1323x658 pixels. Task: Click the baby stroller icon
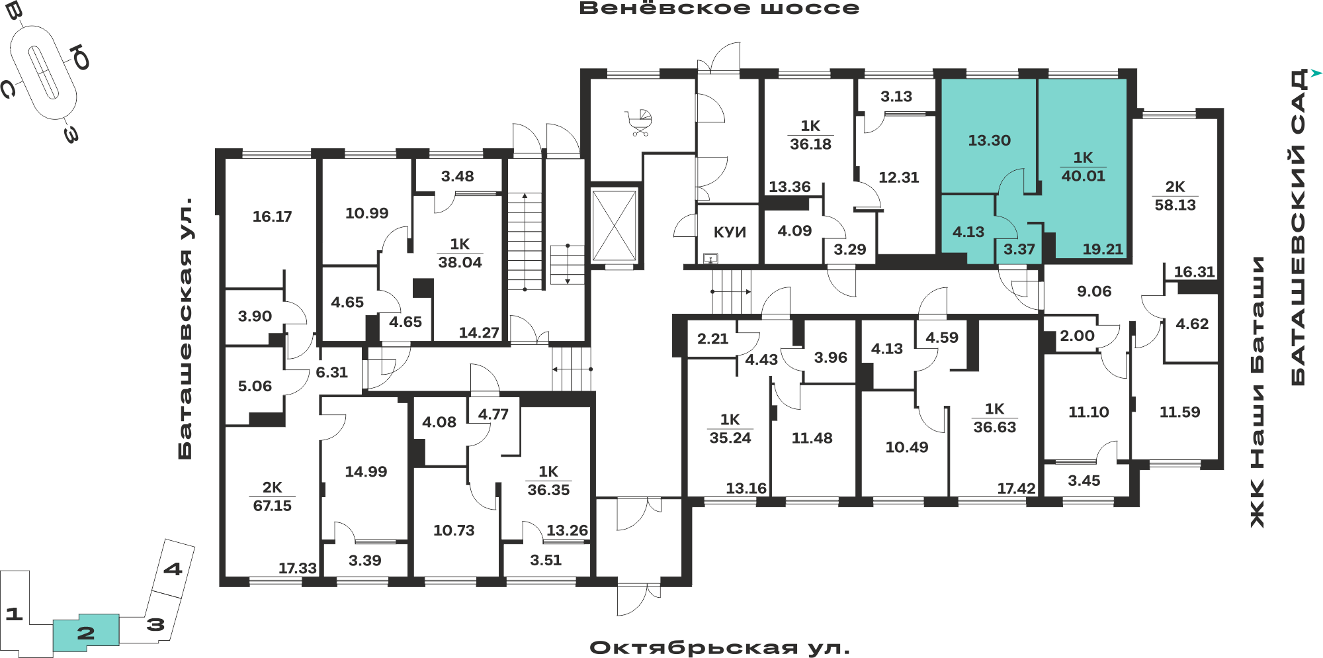[640, 123]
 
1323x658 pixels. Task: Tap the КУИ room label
[730, 232]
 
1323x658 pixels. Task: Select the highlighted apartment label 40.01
[1083, 176]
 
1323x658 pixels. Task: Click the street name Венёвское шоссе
[719, 9]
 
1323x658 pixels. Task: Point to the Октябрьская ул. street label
[720, 647]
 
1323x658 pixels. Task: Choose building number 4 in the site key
[173, 569]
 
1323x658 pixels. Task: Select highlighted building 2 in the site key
[86, 633]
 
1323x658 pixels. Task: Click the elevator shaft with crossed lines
[615, 226]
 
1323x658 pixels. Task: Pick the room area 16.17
[272, 216]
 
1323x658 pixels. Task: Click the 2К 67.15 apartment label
[272, 496]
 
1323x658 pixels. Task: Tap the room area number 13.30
[989, 140]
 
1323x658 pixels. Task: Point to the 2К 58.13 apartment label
[1175, 196]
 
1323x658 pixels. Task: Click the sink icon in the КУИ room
[710, 258]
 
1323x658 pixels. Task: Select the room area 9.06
[1094, 291]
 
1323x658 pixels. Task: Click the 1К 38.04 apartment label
[460, 253]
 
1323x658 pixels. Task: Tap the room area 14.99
[366, 472]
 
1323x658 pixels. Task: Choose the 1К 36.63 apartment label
[994, 418]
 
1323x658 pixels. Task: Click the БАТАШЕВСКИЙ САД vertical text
[1299, 226]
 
